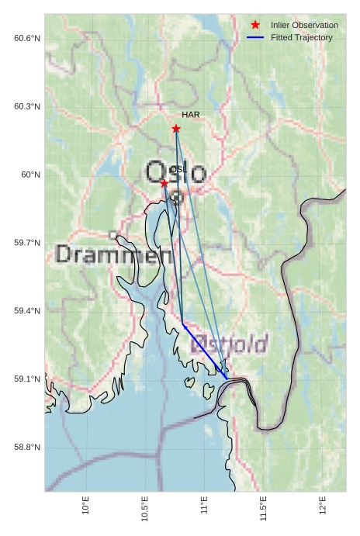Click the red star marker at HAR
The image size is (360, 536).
pyautogui.click(x=176, y=129)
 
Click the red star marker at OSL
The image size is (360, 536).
pyautogui.click(x=164, y=183)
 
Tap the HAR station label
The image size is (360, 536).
pyautogui.click(x=191, y=115)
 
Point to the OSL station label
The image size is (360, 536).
pyautogui.click(x=178, y=169)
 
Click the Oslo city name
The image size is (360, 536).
pyautogui.click(x=177, y=172)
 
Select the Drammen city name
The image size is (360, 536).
pyautogui.click(x=114, y=254)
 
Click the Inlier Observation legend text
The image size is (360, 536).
pyautogui.click(x=304, y=26)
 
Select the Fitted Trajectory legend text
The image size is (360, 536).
pyautogui.click(x=302, y=37)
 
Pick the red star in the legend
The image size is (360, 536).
pyautogui.click(x=255, y=26)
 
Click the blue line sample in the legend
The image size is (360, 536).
pyautogui.click(x=255, y=37)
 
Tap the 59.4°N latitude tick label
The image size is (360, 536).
pyautogui.click(x=27, y=311)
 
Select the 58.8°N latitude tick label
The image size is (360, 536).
pyautogui.click(x=27, y=448)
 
